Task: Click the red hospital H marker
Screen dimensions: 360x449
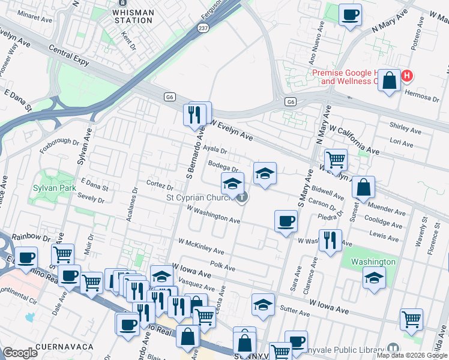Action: click(407, 76)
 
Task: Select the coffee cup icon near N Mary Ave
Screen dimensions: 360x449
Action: click(349, 14)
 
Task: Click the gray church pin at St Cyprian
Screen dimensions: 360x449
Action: click(241, 197)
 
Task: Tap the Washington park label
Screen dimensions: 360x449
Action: click(373, 262)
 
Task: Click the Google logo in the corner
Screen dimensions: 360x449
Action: click(20, 353)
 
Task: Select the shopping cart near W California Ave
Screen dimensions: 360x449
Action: click(336, 160)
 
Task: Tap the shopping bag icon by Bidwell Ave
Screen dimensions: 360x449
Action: click(364, 187)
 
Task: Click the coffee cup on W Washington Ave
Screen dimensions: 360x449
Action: click(286, 220)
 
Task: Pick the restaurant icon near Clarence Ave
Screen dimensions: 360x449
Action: click(330, 240)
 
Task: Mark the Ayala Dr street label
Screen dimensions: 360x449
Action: click(214, 151)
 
